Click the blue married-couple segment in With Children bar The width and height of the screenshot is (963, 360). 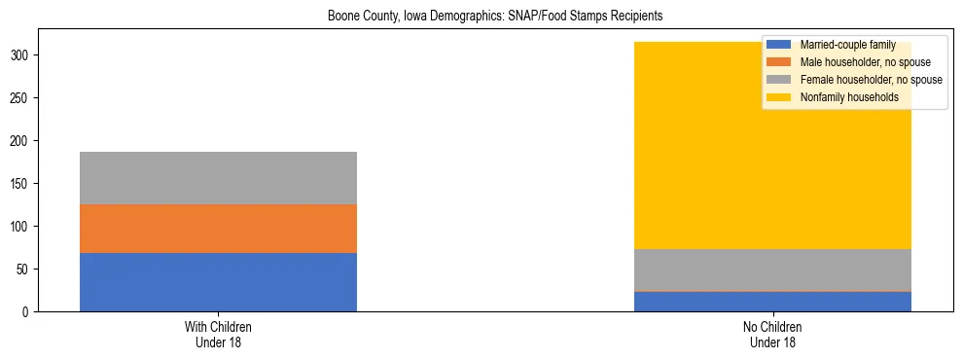(x=218, y=282)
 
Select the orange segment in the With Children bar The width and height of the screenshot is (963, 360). (x=218, y=229)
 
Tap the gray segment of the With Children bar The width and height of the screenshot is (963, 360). (x=218, y=178)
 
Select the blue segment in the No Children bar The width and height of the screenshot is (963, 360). (x=772, y=302)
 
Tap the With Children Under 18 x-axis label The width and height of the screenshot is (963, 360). (x=218, y=335)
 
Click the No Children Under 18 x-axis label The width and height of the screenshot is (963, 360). (x=772, y=335)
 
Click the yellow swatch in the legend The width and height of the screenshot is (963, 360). (x=779, y=97)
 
